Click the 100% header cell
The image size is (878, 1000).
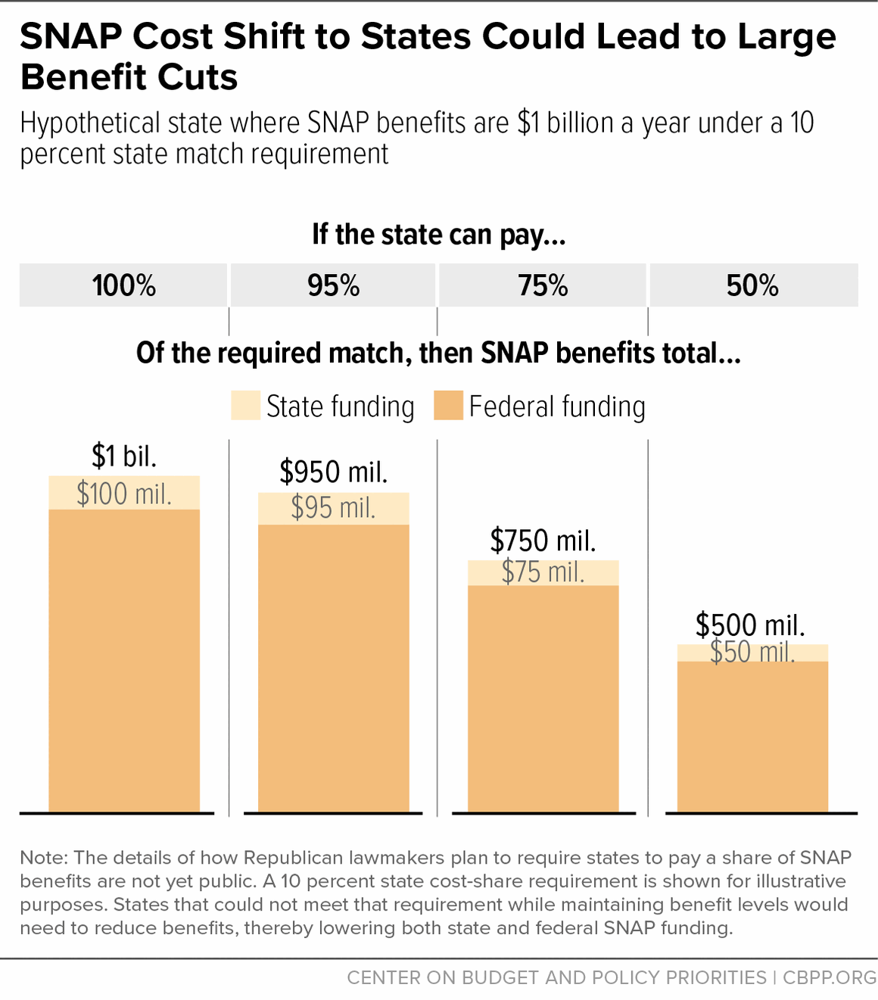click(123, 285)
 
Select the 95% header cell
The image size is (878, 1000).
click(333, 285)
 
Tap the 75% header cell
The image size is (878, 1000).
click(543, 285)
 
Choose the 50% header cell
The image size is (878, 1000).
click(753, 285)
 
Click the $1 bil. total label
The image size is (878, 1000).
click(124, 456)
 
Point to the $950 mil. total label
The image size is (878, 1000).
click(333, 472)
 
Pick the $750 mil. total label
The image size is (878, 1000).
click(543, 540)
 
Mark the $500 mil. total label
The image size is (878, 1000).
click(750, 625)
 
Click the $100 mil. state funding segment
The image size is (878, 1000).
click(124, 494)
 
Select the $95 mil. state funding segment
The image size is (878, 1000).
click(333, 508)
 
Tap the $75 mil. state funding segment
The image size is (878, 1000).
click(543, 572)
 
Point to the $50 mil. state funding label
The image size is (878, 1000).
click(752, 653)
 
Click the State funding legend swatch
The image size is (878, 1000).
click(246, 406)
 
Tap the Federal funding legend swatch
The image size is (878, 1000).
click(448, 406)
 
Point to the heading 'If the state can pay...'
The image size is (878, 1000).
click(439, 235)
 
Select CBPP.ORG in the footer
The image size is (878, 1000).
click(830, 977)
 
